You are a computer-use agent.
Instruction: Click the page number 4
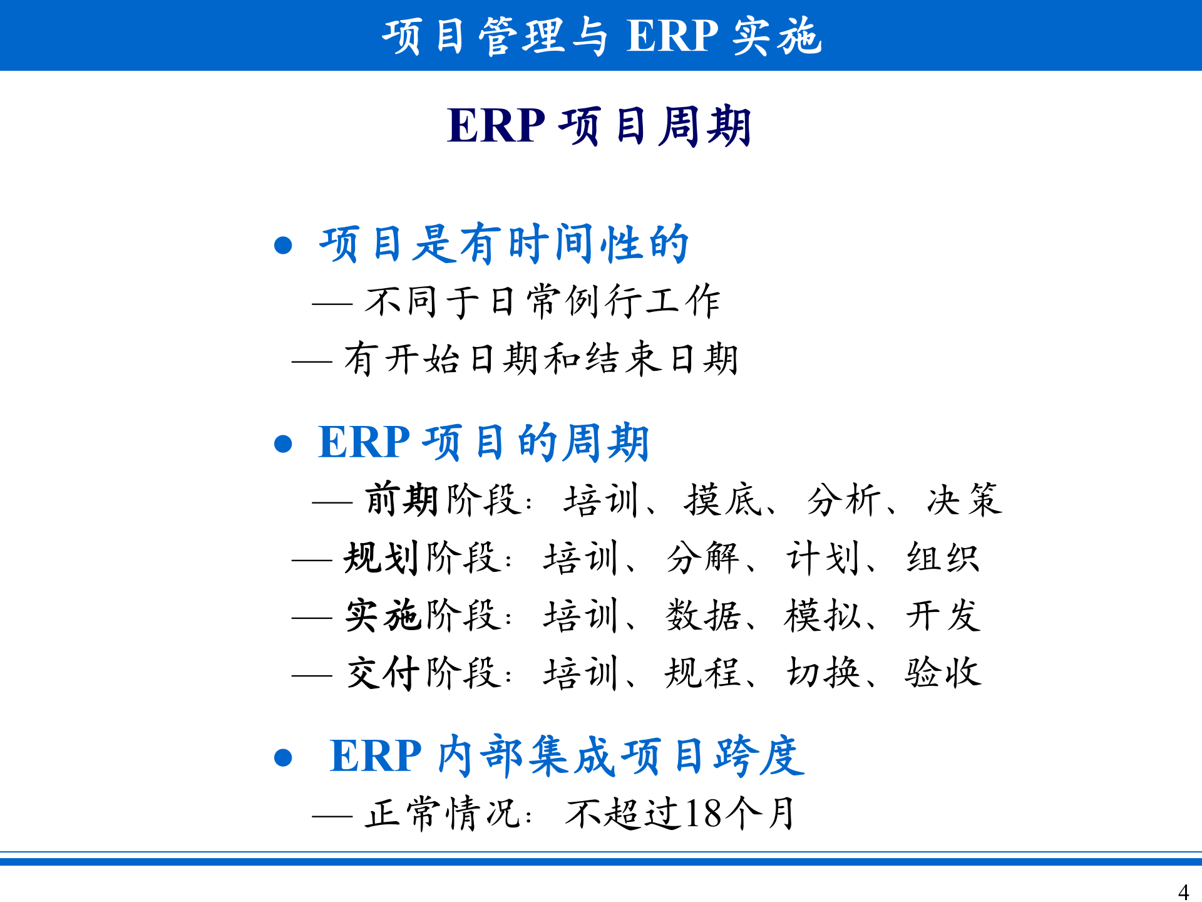(x=1183, y=891)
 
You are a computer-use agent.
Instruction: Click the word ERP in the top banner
(x=672, y=36)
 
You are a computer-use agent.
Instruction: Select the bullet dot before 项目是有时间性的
(x=284, y=245)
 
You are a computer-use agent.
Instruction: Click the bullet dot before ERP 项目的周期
(x=284, y=444)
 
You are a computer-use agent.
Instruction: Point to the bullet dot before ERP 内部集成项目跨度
(x=284, y=758)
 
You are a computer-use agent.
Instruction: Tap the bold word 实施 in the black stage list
(x=381, y=616)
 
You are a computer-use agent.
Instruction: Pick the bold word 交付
(x=383, y=673)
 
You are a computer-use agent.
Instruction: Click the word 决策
(x=965, y=500)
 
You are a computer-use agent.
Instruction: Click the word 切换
(x=823, y=673)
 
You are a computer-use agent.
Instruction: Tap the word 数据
(x=702, y=616)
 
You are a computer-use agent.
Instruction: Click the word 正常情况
(x=443, y=814)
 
